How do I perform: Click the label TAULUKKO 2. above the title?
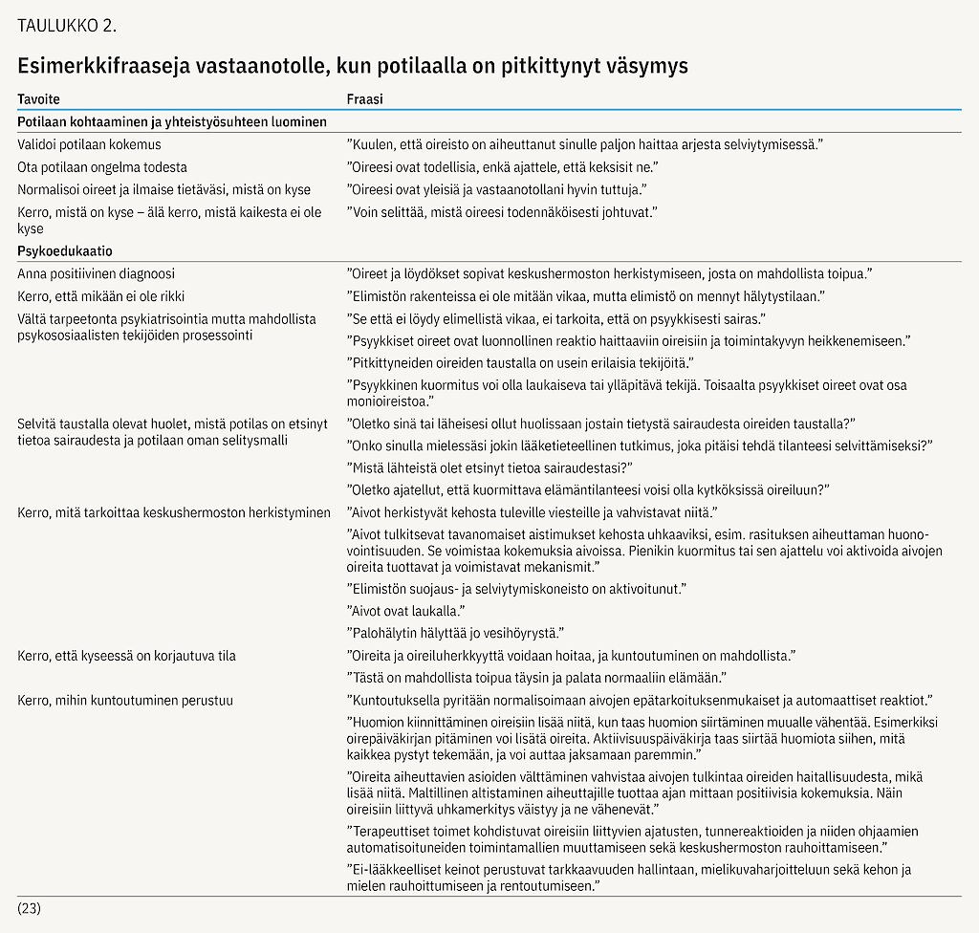67,26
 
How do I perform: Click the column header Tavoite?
38,99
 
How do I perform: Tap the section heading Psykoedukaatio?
65,251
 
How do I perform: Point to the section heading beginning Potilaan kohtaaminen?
172,122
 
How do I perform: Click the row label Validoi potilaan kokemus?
89,145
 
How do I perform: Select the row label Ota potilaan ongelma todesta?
102,167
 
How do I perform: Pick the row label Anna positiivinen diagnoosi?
96,273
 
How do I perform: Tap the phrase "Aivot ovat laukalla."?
405,611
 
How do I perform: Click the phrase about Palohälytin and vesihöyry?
455,633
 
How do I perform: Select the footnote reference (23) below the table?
29,907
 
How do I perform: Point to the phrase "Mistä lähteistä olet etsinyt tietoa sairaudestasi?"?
489,467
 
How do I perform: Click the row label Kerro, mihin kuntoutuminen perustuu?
125,701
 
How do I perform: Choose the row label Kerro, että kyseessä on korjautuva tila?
126,656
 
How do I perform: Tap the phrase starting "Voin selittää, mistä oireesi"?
503,211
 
